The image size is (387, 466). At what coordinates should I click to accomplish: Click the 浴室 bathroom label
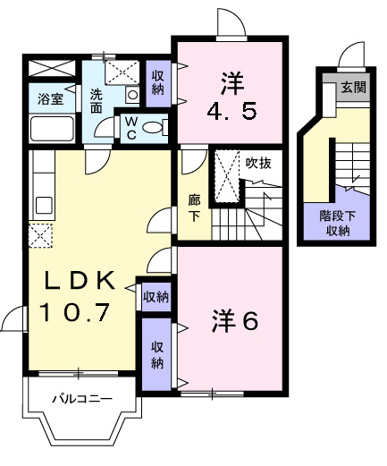50,98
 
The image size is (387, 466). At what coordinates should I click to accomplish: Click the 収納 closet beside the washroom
157,82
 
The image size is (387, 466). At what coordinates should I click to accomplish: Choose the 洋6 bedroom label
235,319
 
